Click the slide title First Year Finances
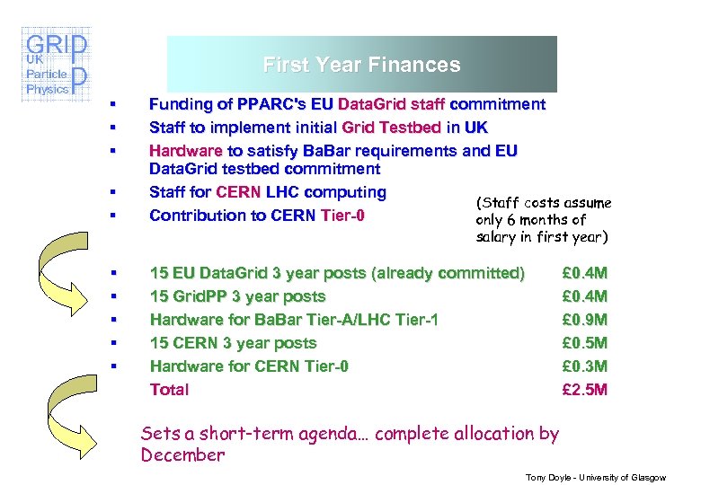(x=361, y=65)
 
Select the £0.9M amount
(x=584, y=320)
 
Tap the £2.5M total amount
(x=584, y=390)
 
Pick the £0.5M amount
(x=584, y=343)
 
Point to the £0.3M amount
(x=584, y=366)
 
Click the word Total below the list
(x=169, y=390)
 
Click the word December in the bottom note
(x=182, y=454)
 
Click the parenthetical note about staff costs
(x=543, y=220)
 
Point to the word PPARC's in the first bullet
(x=259, y=105)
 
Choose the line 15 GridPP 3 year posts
(x=237, y=296)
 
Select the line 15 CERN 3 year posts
(x=233, y=343)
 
